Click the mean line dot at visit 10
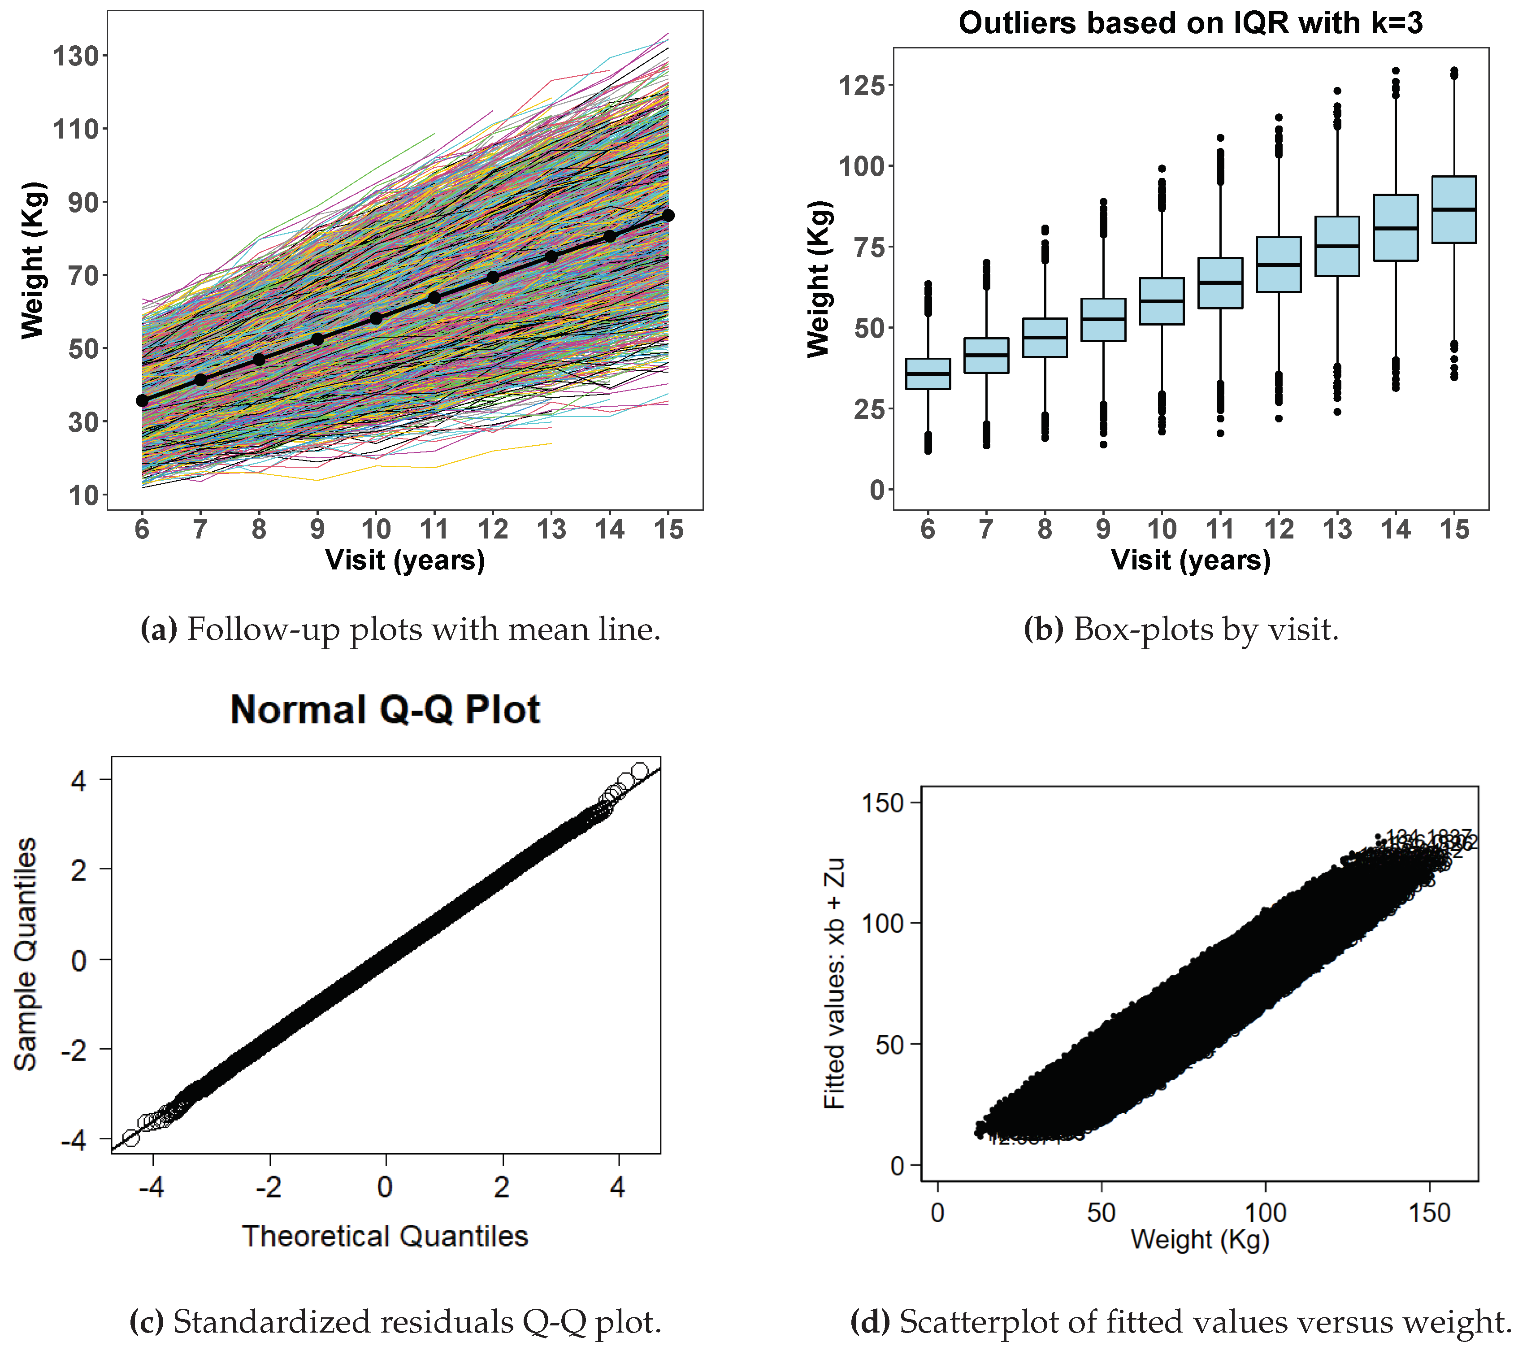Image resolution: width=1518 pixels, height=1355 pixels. pyautogui.click(x=376, y=319)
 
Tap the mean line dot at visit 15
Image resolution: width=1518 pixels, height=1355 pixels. pyautogui.click(x=668, y=215)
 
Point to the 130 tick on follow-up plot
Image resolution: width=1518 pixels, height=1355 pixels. pyautogui.click(x=75, y=56)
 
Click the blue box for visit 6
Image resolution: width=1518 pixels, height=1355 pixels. pyautogui.click(x=928, y=374)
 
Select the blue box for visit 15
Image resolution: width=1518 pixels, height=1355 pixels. pyautogui.click(x=1454, y=210)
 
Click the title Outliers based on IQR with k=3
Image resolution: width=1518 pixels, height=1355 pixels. pyautogui.click(x=1190, y=23)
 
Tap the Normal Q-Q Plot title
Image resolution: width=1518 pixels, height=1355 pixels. pyautogui.click(x=385, y=709)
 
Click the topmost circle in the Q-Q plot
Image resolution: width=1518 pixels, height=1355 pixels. pyautogui.click(x=639, y=771)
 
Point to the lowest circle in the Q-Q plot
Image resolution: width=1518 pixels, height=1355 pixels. pyautogui.click(x=131, y=1138)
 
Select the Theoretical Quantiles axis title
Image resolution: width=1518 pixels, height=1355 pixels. pyautogui.click(x=385, y=1236)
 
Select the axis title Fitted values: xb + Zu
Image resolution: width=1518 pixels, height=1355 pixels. pyautogui.click(x=835, y=983)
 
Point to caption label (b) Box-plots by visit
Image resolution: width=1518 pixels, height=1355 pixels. pyautogui.click(x=1181, y=630)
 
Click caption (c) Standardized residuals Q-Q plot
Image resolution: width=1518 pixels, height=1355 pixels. pyautogui.click(x=395, y=1322)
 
